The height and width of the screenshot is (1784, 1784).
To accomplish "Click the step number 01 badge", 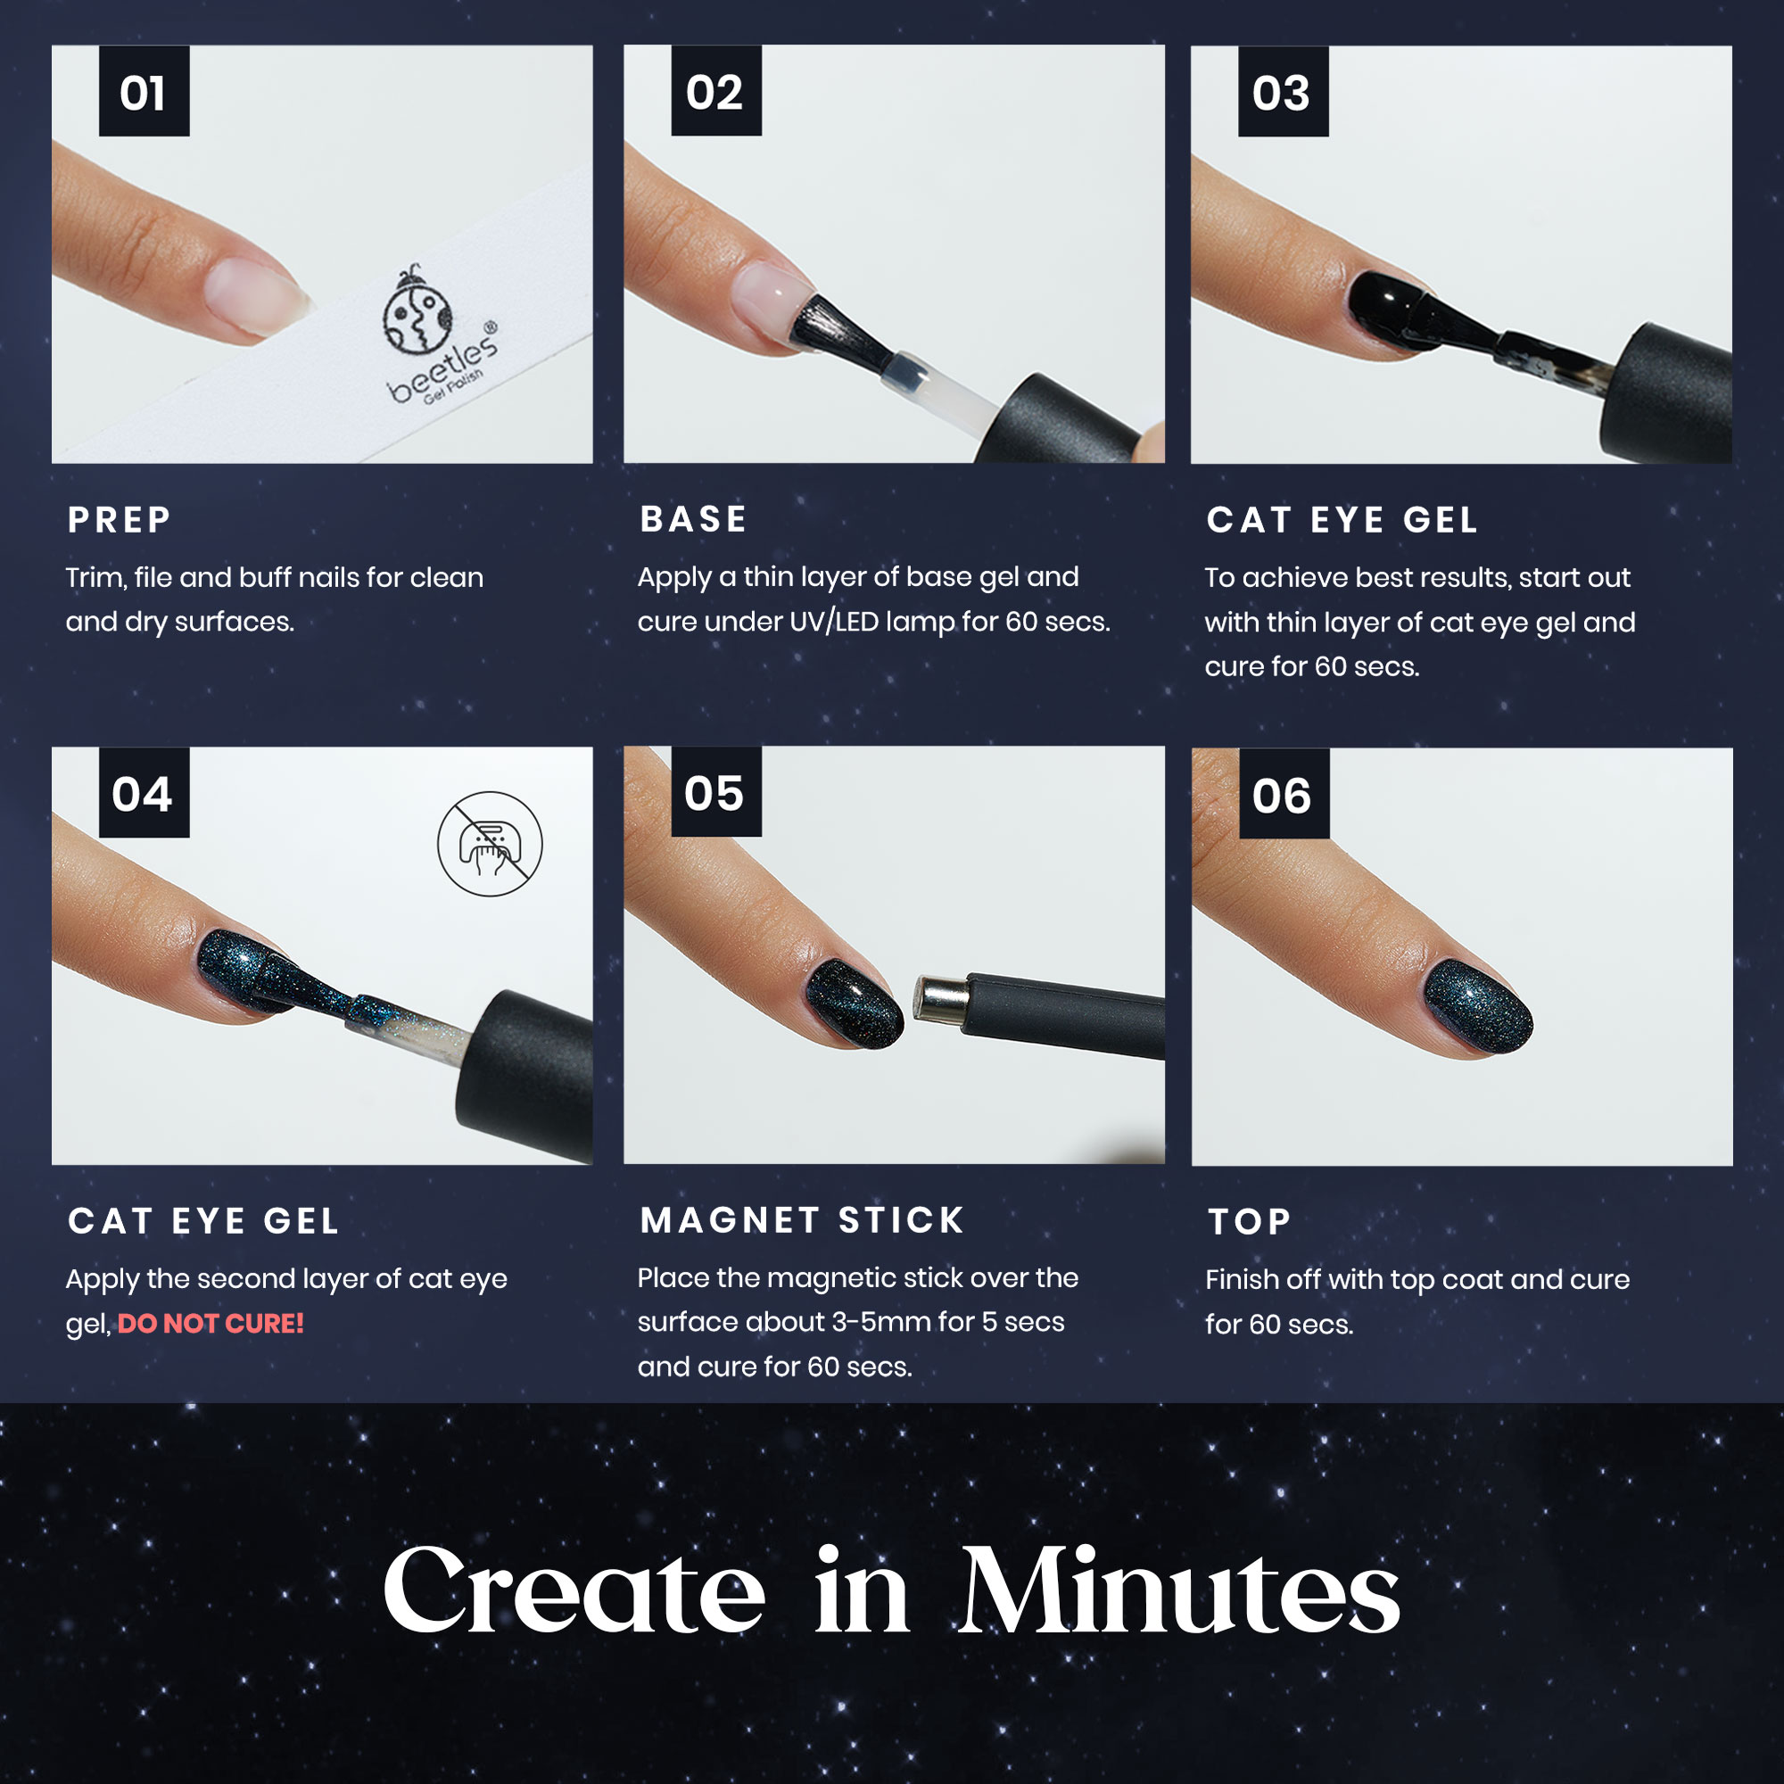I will [x=144, y=91].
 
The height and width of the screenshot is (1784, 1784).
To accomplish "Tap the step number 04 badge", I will [x=144, y=793].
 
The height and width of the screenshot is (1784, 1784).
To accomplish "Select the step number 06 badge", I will [x=1284, y=794].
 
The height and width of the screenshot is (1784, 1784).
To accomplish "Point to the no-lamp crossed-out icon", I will [x=490, y=843].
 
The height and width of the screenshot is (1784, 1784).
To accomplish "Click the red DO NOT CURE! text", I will [x=211, y=1323].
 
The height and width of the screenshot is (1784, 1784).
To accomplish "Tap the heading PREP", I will [x=120, y=520].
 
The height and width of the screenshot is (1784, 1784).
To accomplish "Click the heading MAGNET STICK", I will [x=802, y=1219].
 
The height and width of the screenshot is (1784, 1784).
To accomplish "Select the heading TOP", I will [x=1249, y=1222].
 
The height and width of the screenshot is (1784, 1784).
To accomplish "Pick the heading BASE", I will [x=693, y=519].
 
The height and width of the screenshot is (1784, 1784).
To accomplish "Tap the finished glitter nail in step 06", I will [x=1477, y=1006].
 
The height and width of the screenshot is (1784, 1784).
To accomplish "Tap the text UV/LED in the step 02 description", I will [x=834, y=622].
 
